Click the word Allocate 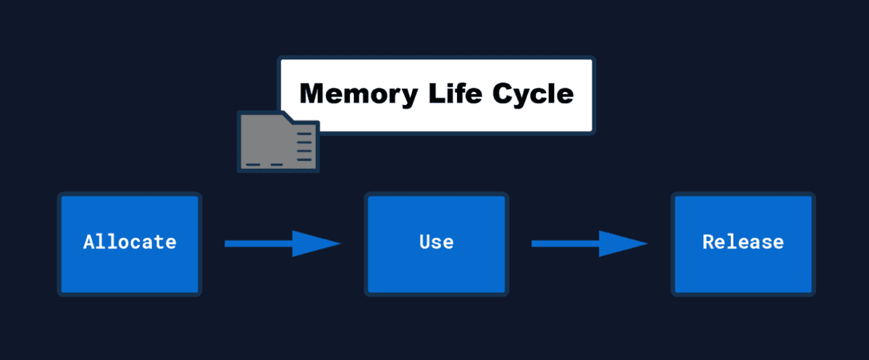pyautogui.click(x=130, y=242)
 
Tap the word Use pyautogui.click(x=437, y=242)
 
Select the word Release pyautogui.click(x=743, y=242)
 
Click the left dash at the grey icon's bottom pyautogui.click(x=253, y=164)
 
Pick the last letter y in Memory pyautogui.click(x=411, y=98)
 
